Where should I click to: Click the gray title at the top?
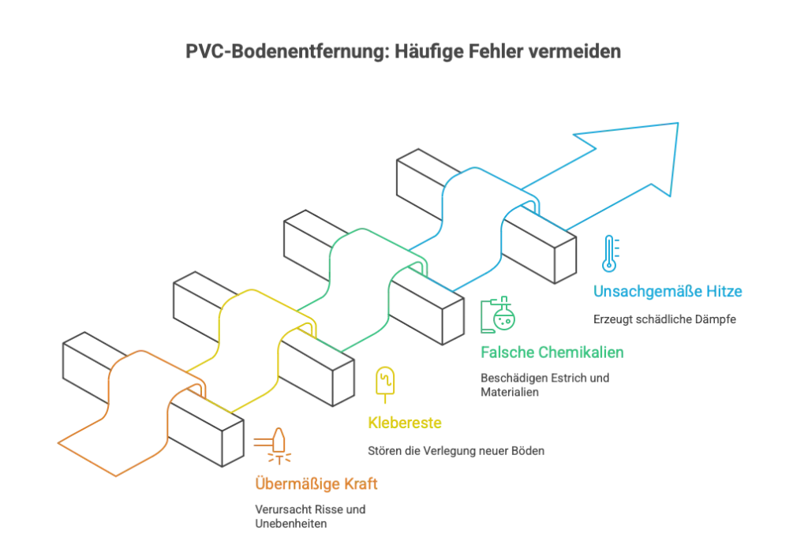click(x=403, y=53)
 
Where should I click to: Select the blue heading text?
click(x=668, y=292)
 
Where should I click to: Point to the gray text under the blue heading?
click(x=664, y=320)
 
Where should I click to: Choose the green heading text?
click(x=552, y=352)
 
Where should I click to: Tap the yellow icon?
click(x=385, y=383)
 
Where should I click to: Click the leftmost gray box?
click(x=86, y=364)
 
